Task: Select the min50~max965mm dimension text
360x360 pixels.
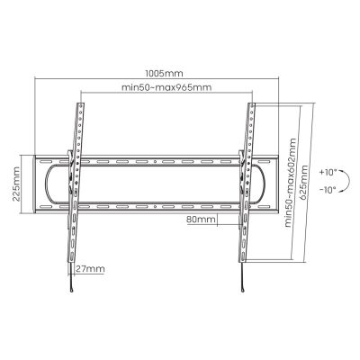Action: [x=165, y=87]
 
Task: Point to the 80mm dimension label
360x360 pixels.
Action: [x=200, y=219]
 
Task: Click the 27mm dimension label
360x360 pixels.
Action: [x=90, y=269]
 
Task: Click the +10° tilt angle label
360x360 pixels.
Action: [x=327, y=169]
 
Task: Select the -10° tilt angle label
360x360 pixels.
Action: [x=327, y=190]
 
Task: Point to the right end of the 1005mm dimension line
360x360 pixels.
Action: [x=297, y=76]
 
